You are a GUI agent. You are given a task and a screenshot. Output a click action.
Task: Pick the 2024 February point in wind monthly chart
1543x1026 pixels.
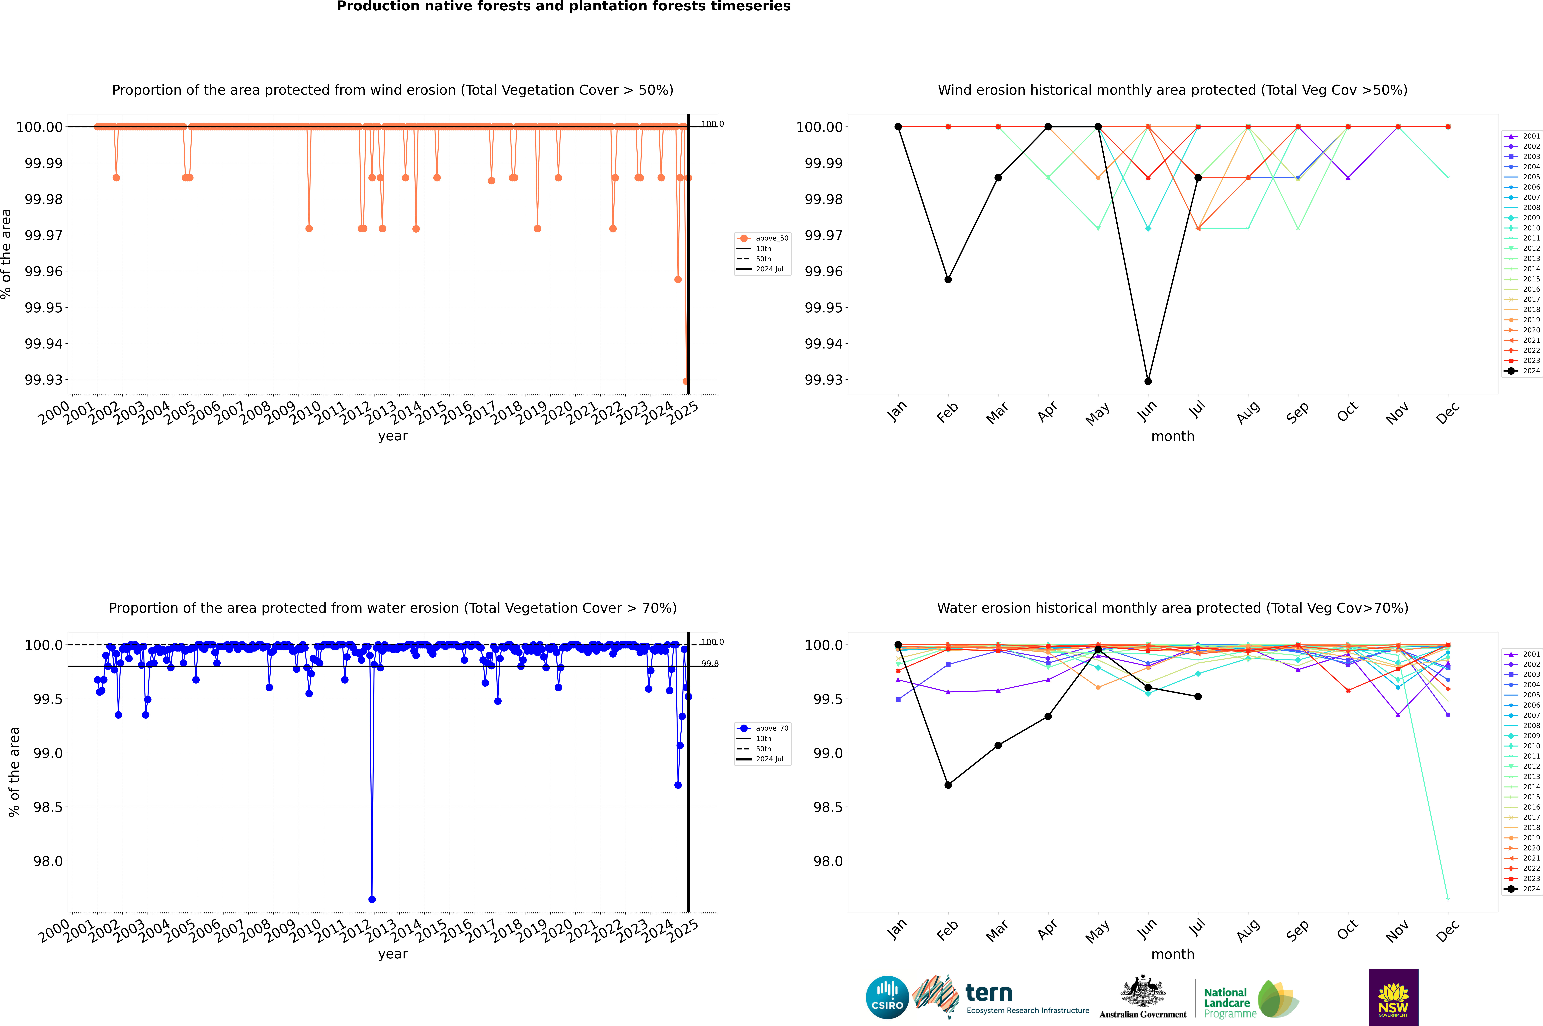point(948,279)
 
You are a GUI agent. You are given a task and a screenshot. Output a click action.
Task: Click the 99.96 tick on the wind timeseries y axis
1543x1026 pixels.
point(44,272)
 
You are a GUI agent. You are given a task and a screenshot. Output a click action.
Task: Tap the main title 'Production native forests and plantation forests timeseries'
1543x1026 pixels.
point(563,6)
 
